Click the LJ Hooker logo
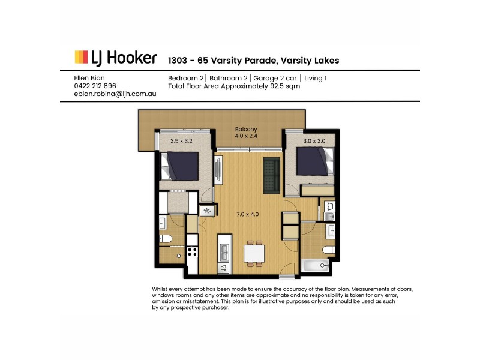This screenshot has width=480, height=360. (x=116, y=58)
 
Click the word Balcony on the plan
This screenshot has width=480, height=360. (x=245, y=129)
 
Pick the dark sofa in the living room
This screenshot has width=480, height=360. (x=272, y=175)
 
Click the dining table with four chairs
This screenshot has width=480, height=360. (x=254, y=254)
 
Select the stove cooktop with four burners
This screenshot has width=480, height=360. (x=193, y=252)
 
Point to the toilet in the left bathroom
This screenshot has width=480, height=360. (x=167, y=239)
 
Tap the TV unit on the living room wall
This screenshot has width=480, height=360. (x=218, y=171)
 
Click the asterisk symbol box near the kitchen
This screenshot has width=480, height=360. (x=208, y=211)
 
